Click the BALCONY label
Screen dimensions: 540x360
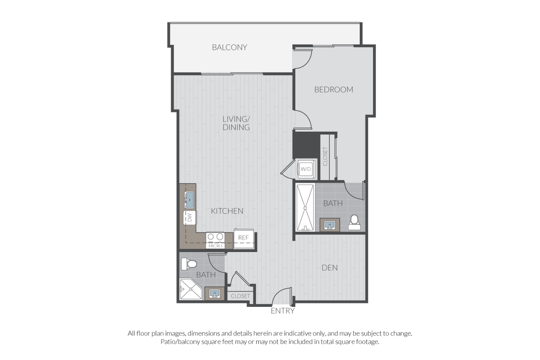[x=229, y=47]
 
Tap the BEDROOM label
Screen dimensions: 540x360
[x=334, y=90]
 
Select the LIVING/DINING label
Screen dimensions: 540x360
[x=236, y=123]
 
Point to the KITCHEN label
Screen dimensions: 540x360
[x=227, y=211]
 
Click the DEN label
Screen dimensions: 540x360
[x=330, y=268]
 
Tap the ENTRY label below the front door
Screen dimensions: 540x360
[x=283, y=311]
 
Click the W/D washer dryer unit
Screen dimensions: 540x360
[x=306, y=169]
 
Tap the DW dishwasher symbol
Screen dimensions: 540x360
[x=190, y=218]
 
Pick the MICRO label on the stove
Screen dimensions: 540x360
[x=215, y=246]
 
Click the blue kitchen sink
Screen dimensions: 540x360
[x=189, y=200]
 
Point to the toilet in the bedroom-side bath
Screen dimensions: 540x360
[x=354, y=223]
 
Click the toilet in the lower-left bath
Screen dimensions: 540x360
[x=189, y=264]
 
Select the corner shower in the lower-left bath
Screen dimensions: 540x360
[x=190, y=289]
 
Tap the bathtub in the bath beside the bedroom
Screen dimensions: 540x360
[x=305, y=208]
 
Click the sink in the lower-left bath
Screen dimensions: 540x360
[x=214, y=294]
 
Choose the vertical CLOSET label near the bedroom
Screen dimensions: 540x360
[x=325, y=156]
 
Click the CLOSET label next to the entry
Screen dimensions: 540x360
[x=240, y=296]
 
